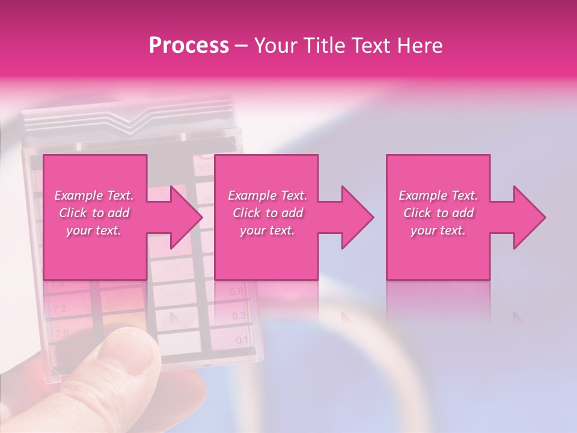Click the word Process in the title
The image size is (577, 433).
[x=189, y=46]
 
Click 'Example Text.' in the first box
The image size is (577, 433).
[x=94, y=195]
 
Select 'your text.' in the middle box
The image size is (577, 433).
[x=267, y=230]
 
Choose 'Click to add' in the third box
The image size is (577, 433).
[x=439, y=213]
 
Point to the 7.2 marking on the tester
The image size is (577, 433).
[x=60, y=310]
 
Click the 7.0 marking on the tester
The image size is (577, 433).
[x=61, y=333]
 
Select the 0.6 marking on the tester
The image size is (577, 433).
[x=237, y=292]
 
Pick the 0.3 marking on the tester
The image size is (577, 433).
[x=239, y=316]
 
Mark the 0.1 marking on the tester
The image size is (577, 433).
[x=242, y=340]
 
